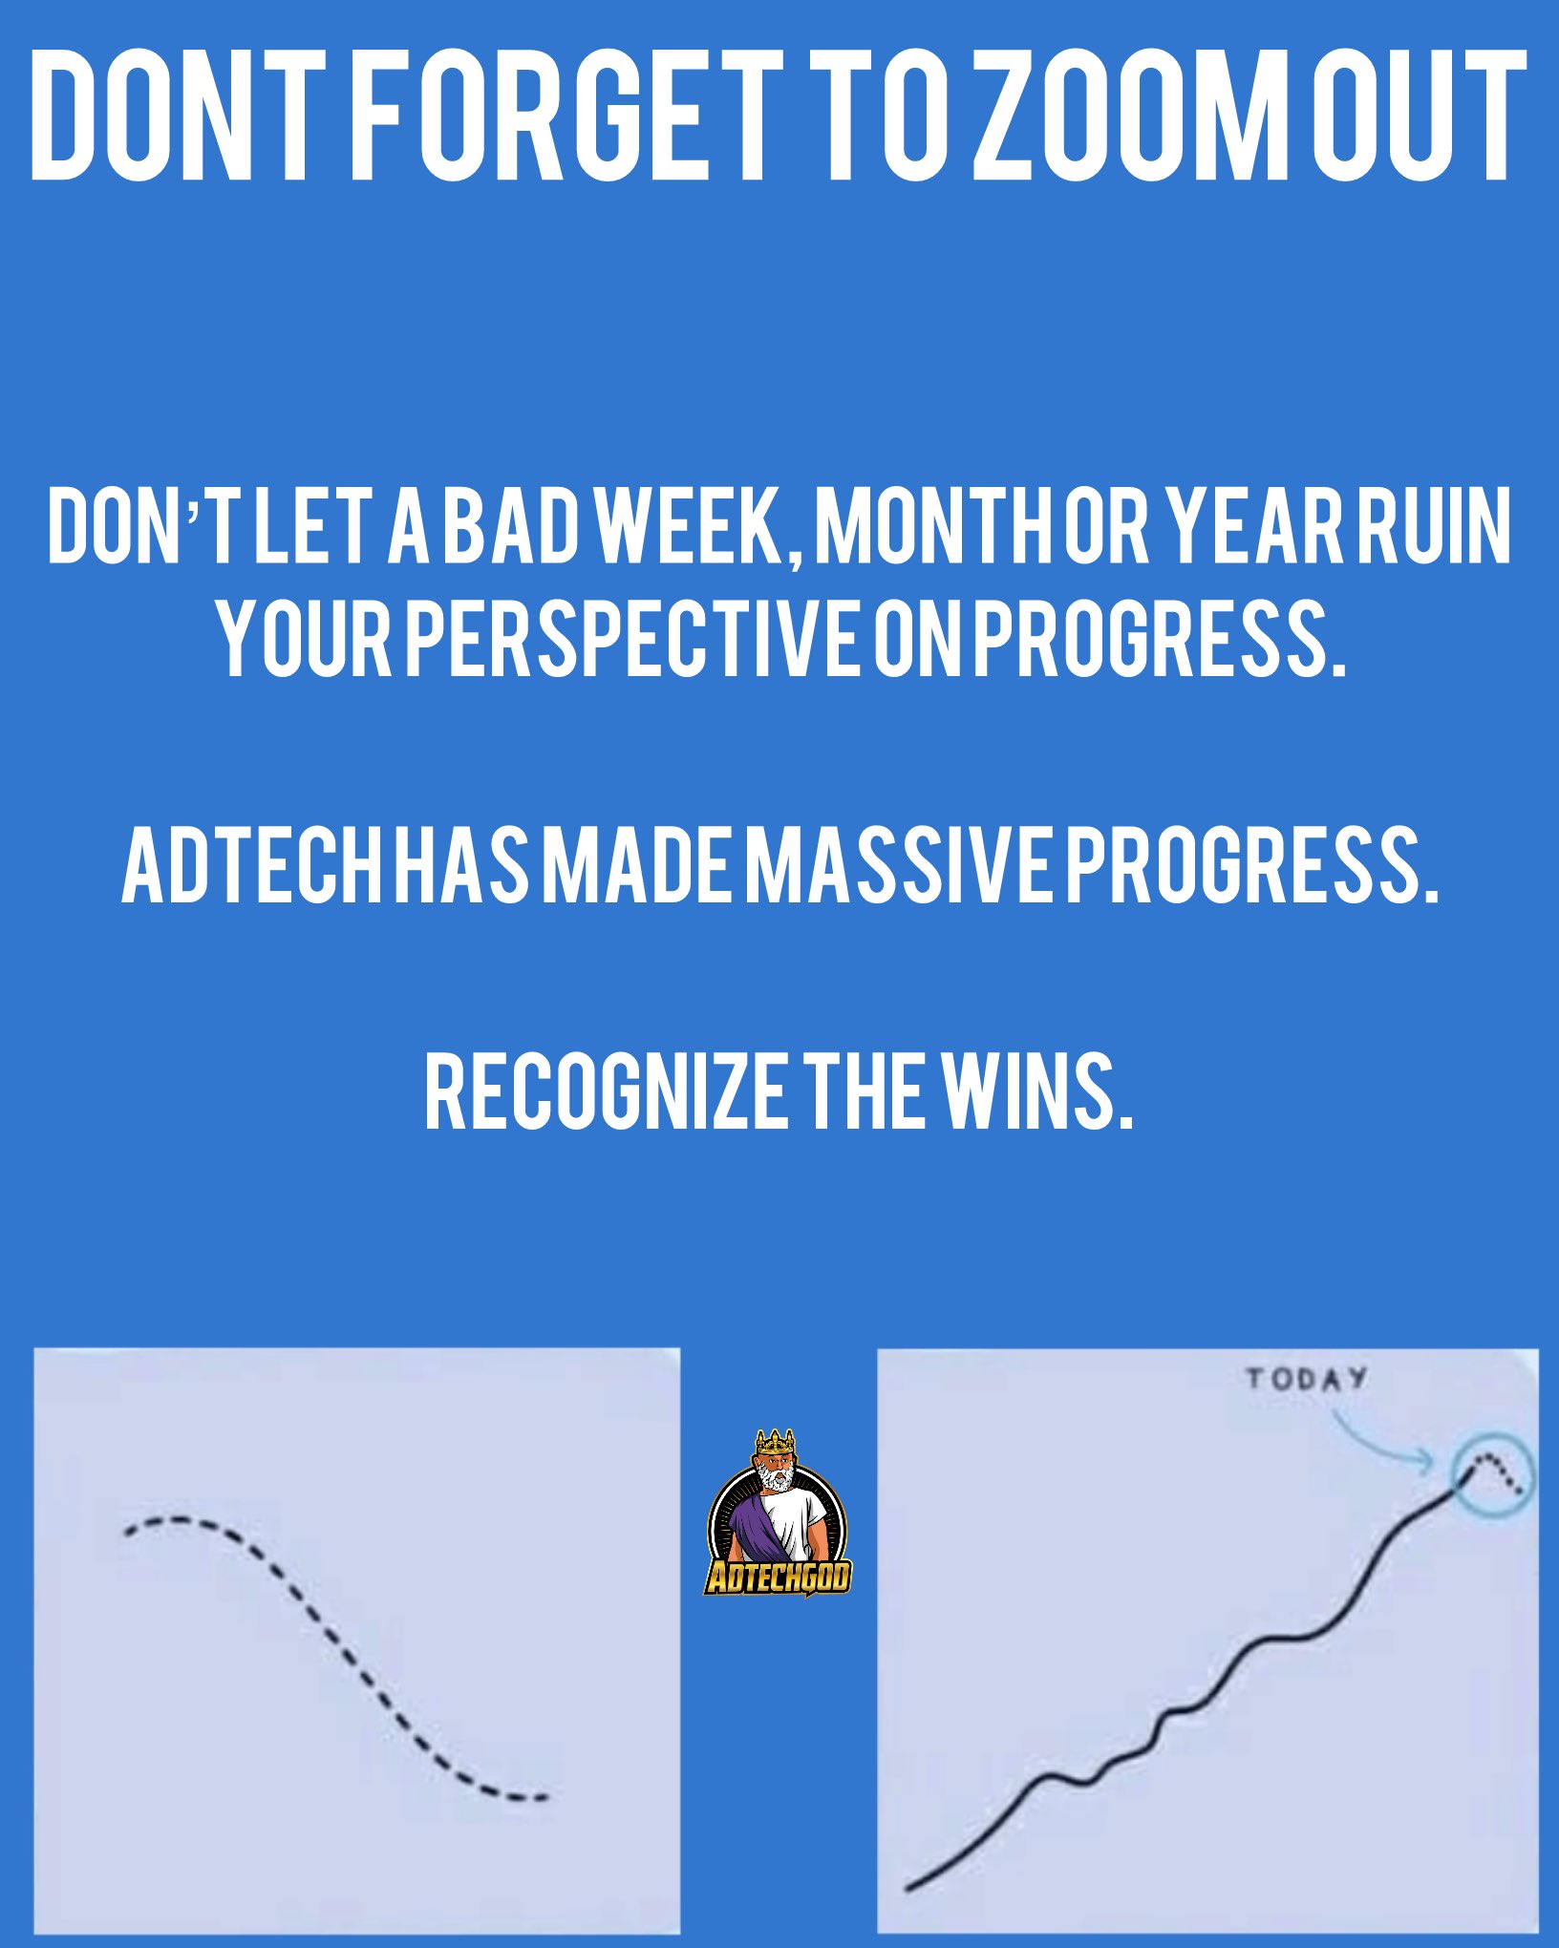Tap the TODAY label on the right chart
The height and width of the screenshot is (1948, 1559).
click(x=1306, y=1379)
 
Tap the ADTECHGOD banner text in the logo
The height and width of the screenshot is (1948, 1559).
click(x=778, y=1577)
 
